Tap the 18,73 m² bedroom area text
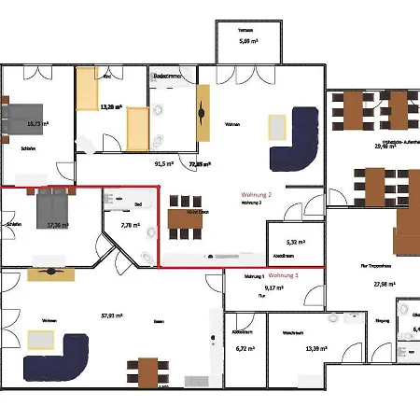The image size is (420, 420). click(x=38, y=122)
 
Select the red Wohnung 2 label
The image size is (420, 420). click(x=256, y=194)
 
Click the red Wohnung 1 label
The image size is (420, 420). click(x=284, y=276)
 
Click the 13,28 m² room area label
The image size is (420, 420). click(x=112, y=107)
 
